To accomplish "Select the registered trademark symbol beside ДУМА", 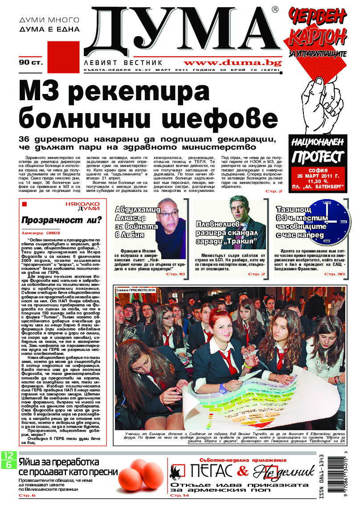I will [275, 9].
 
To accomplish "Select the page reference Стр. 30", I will [335, 274].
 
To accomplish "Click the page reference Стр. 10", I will [178, 274].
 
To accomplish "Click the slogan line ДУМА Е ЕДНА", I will [50, 29].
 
